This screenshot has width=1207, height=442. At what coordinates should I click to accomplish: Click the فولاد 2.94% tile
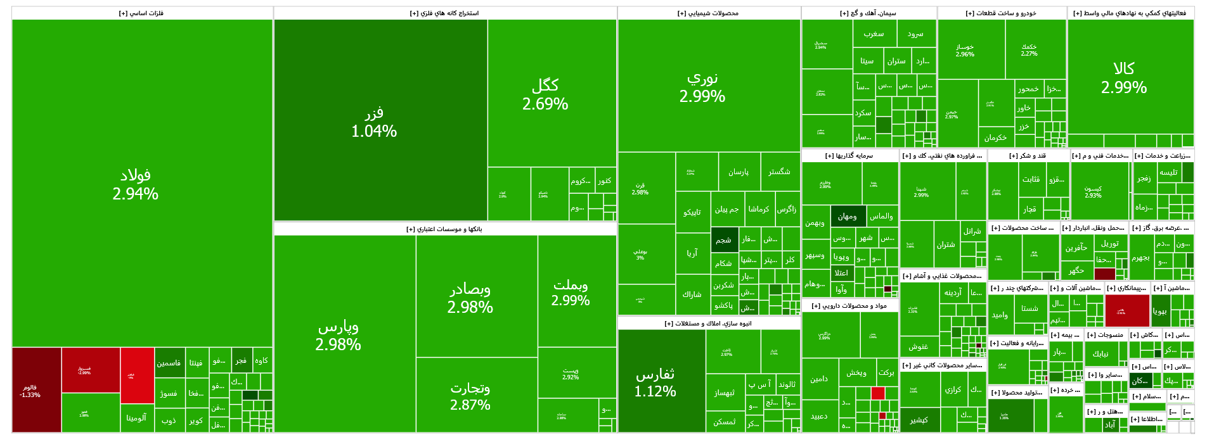(136, 184)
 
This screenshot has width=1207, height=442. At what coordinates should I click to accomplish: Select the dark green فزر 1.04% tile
(374, 122)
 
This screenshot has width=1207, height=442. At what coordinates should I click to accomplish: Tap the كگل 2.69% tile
(545, 94)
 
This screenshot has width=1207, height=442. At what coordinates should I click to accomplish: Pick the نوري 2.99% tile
(702, 86)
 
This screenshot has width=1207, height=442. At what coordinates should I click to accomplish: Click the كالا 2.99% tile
(1124, 77)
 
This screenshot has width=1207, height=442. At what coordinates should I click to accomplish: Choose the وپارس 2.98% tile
(338, 335)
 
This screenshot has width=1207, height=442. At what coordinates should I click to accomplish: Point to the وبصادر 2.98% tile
(470, 297)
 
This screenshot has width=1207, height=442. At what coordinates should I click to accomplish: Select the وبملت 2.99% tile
(571, 292)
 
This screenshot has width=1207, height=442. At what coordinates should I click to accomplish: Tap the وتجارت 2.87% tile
(470, 395)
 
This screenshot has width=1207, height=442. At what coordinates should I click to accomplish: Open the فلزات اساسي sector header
(141, 13)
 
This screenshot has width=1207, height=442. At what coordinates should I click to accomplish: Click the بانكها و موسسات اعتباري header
(444, 229)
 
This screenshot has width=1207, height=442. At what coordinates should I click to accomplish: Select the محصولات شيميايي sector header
(708, 13)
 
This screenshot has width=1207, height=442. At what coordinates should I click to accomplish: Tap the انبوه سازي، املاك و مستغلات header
(708, 324)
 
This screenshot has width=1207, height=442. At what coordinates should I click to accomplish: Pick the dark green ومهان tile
(847, 217)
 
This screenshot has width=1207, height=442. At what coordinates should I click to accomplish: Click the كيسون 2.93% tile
(1093, 192)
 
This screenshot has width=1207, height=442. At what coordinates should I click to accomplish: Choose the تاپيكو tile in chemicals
(692, 212)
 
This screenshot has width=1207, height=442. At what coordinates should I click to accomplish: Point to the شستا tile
(1029, 308)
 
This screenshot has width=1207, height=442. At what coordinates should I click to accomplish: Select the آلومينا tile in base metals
(136, 418)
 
